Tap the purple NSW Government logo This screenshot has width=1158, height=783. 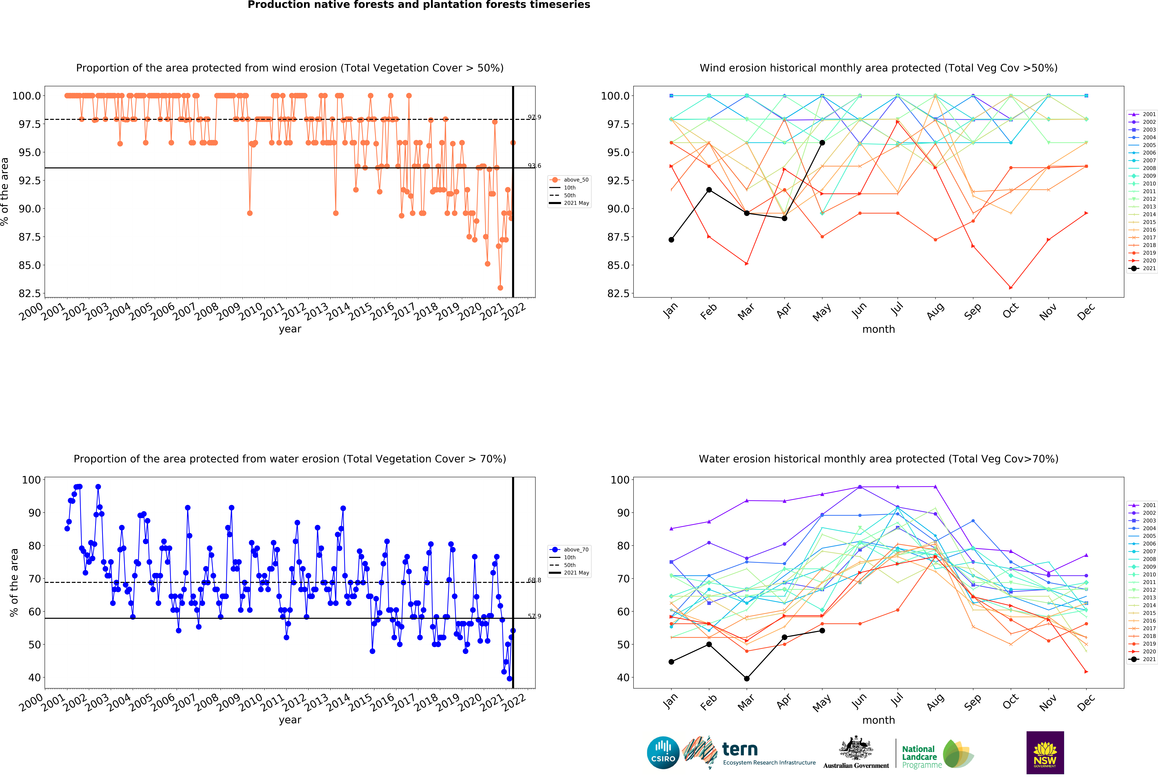pyautogui.click(x=1045, y=753)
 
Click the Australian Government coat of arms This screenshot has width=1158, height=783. pyautogui.click(x=856, y=748)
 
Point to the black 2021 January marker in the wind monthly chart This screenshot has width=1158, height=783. pyautogui.click(x=671, y=240)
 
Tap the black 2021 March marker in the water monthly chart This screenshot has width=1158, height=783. pyautogui.click(x=746, y=678)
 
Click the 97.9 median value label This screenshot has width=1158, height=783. pyautogui.click(x=534, y=117)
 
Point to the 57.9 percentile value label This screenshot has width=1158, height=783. pyautogui.click(x=534, y=616)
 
